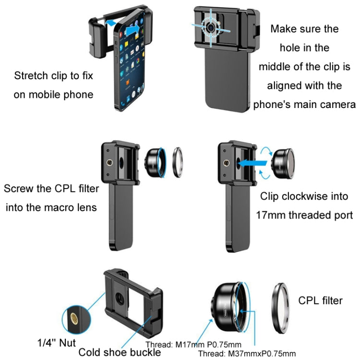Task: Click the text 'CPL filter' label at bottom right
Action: tap(320, 300)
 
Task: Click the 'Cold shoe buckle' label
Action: tap(120, 352)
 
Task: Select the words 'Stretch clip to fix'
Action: tap(53, 76)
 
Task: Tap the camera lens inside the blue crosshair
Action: tap(210, 28)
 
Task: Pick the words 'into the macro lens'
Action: tap(50, 207)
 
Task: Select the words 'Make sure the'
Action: tap(304, 28)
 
